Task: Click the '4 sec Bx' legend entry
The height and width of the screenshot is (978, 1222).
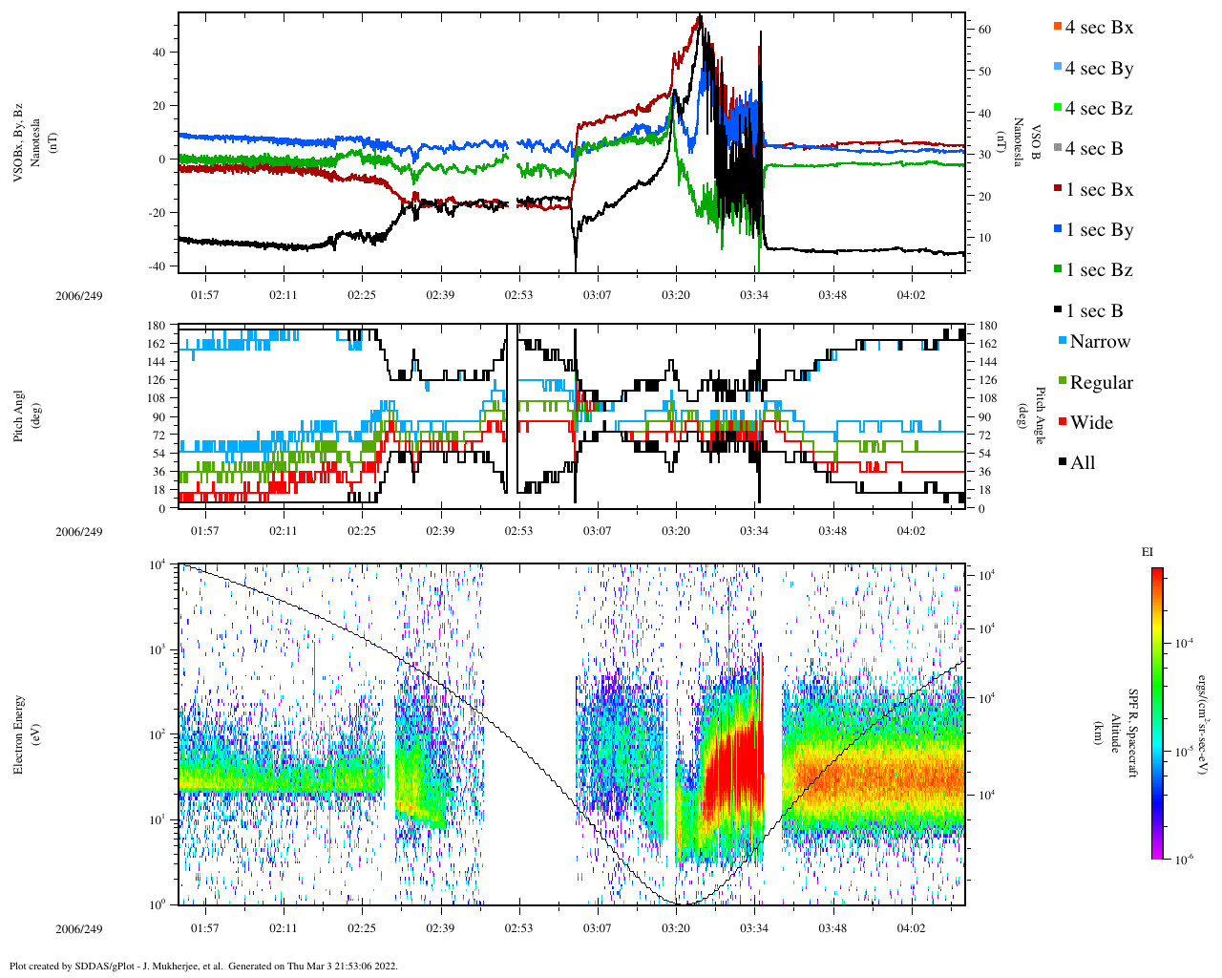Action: [x=1098, y=28]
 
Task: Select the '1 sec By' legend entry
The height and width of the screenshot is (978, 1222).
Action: [x=1098, y=230]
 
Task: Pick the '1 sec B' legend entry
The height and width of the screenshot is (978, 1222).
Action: [x=1094, y=311]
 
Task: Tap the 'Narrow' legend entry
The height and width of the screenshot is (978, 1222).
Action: [x=1099, y=342]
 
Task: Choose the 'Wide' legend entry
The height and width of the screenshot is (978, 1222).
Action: [x=1090, y=423]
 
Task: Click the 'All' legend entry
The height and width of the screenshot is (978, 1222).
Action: [x=1082, y=463]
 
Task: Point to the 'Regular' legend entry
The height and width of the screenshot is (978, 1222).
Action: [x=1101, y=383]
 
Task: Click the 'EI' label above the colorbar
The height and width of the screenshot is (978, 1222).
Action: [x=1148, y=552]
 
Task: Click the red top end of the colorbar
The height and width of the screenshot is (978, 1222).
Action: [x=1157, y=572]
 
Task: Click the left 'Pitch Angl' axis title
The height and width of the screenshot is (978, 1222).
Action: [x=19, y=416]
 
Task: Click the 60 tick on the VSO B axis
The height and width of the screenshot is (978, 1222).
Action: [x=984, y=30]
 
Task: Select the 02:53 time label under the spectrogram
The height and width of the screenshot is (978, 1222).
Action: [x=518, y=928]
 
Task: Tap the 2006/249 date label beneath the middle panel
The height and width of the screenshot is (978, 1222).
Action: [x=78, y=532]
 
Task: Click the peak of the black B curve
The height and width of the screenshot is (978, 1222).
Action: [x=700, y=16]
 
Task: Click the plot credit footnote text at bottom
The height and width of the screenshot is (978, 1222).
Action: [x=203, y=966]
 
